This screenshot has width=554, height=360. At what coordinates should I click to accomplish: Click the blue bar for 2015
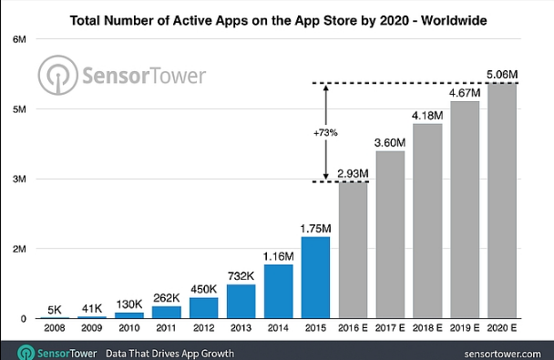pyautogui.click(x=315, y=277)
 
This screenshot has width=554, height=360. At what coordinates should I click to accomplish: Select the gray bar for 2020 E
pyautogui.click(x=502, y=201)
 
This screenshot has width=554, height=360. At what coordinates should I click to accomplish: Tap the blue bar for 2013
pyautogui.click(x=241, y=302)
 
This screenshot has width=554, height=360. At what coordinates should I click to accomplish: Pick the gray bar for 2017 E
pyautogui.click(x=390, y=234)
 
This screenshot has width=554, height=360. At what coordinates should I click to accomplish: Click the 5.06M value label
pyautogui.click(x=502, y=75)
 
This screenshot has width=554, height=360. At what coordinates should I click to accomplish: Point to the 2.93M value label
pyautogui.click(x=353, y=173)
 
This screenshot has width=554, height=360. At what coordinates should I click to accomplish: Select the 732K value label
pyautogui.click(x=241, y=276)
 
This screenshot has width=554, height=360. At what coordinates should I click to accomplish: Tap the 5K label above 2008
pyautogui.click(x=55, y=310)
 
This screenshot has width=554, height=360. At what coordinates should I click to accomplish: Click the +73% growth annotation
pyautogui.click(x=325, y=133)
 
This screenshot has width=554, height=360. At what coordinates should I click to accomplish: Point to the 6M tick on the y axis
pyautogui.click(x=19, y=39)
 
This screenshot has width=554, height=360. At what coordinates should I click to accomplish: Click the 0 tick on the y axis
pyautogui.click(x=24, y=319)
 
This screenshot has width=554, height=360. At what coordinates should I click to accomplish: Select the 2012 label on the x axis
pyautogui.click(x=203, y=328)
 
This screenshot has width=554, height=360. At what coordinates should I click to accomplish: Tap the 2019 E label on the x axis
pyautogui.click(x=465, y=328)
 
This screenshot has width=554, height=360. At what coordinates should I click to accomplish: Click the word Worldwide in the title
pyautogui.click(x=454, y=20)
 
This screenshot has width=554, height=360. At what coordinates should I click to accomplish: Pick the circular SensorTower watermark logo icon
pyautogui.click(x=58, y=75)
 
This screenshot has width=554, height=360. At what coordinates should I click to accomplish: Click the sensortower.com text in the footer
pyautogui.click(x=502, y=354)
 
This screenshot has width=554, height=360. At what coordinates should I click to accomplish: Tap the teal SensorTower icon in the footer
pyautogui.click(x=26, y=353)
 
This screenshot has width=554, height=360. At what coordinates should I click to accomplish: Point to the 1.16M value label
pyautogui.click(x=279, y=256)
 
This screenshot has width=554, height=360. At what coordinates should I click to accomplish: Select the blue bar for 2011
pyautogui.click(x=167, y=313)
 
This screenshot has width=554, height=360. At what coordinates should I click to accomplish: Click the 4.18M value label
pyautogui.click(x=427, y=116)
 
